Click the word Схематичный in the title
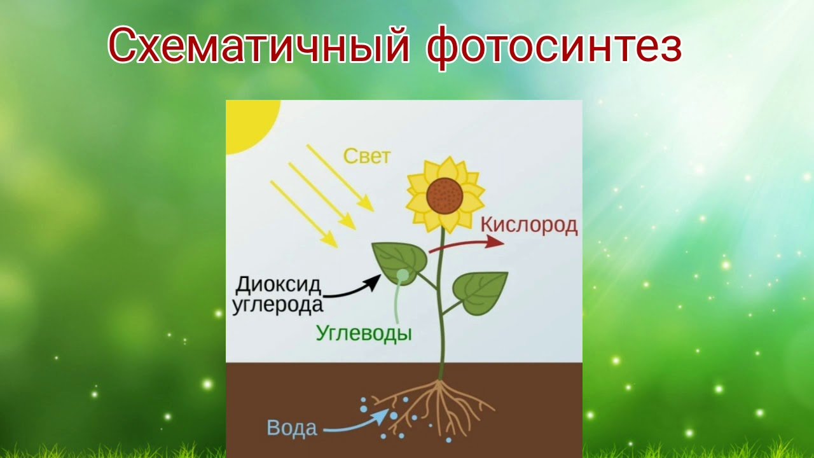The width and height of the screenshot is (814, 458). click(x=259, y=45)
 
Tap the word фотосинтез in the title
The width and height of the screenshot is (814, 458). click(x=554, y=47)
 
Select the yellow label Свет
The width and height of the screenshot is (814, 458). click(x=367, y=156)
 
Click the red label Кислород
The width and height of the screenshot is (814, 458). click(x=529, y=225)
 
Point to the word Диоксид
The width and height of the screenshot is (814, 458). click(x=278, y=286)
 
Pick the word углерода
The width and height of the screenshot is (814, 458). click(x=277, y=305)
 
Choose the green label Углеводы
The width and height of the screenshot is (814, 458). click(x=364, y=333)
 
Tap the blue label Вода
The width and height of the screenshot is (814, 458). click(x=292, y=428)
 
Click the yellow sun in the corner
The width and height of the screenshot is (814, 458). click(x=247, y=121)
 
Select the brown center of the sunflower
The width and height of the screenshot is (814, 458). click(x=445, y=196)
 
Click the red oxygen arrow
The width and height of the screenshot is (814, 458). click(x=467, y=244)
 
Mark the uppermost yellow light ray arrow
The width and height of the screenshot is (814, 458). click(x=340, y=177)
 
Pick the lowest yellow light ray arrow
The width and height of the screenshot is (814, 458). click(x=304, y=214)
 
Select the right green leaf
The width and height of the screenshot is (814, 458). click(x=479, y=293)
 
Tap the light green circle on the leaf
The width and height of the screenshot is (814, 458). click(x=403, y=275)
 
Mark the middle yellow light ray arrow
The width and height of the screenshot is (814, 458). click(x=322, y=196)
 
